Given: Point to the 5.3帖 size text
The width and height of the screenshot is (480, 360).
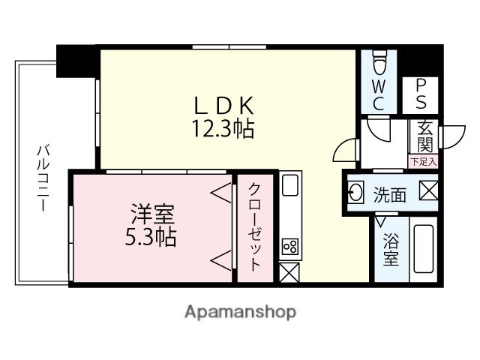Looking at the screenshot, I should point(150,238).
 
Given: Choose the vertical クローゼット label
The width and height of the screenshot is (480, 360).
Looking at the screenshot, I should point(255,226).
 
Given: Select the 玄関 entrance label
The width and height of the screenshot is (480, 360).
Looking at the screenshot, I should point(424,136).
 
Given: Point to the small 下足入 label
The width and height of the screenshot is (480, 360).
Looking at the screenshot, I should point(424,161).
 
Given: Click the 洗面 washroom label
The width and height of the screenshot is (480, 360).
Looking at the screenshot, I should point(390,194).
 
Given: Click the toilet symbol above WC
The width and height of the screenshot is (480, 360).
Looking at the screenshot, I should point(379,59).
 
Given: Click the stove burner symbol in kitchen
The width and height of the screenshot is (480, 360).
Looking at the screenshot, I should point(289,246).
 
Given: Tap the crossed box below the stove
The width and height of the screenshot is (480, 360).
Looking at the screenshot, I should point(289,271).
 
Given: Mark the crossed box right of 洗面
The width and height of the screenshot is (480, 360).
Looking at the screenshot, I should point(428,191).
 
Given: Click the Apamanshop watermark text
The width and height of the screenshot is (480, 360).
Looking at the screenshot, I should point(240,311).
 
